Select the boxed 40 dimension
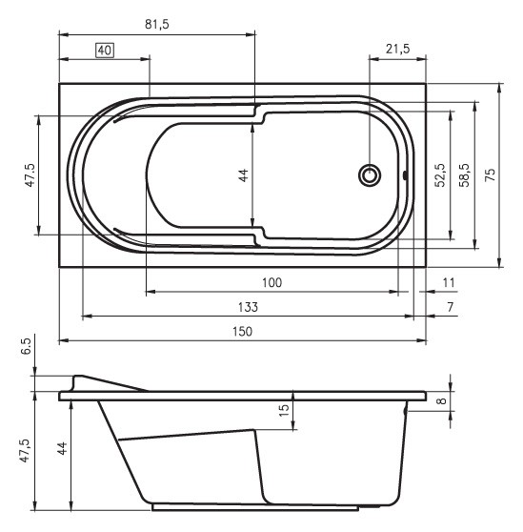[105, 50]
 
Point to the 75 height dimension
[490, 174]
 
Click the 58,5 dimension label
[464, 174]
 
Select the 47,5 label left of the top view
[30, 174]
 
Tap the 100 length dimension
[272, 282]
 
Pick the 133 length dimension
[248, 307]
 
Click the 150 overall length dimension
[242, 331]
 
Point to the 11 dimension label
[450, 282]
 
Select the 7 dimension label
[450, 307]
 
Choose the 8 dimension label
[441, 401]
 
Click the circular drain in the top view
[370, 174]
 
